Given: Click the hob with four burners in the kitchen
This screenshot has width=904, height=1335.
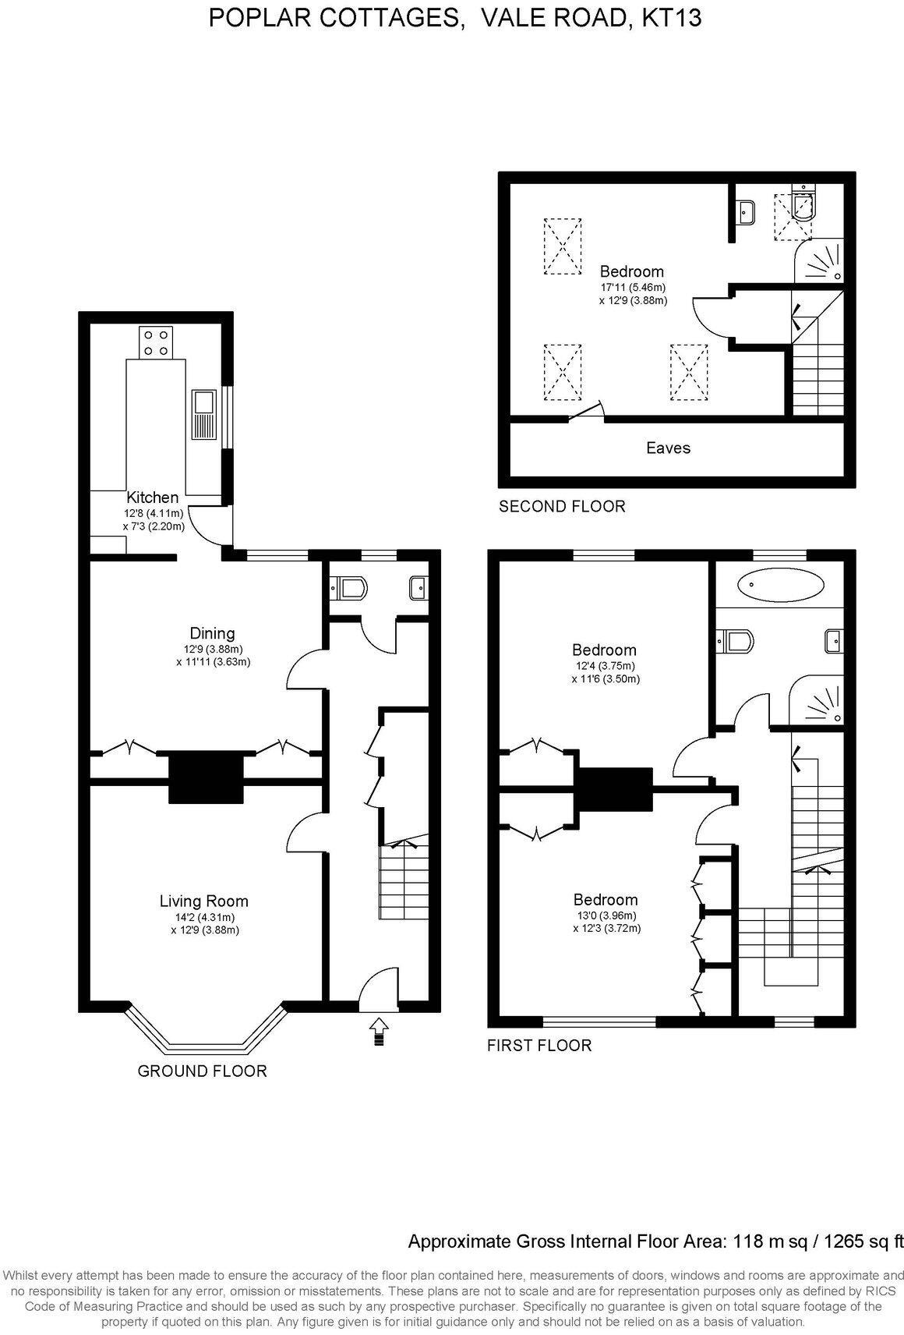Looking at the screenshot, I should (156, 342).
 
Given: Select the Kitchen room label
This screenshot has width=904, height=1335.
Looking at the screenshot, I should (153, 497).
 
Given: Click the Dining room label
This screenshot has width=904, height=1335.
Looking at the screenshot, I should (213, 633).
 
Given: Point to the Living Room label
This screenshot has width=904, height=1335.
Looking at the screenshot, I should (204, 901).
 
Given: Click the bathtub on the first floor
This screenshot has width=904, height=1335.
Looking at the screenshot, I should (780, 584).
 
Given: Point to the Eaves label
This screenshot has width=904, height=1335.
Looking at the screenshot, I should (668, 448).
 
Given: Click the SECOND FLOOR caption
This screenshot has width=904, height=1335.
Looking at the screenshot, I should (562, 506).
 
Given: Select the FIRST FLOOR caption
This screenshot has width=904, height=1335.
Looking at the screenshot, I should (539, 1045).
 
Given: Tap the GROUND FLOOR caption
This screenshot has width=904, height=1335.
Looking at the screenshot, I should (202, 1071).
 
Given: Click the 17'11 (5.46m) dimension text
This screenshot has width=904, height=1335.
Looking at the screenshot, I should (632, 287).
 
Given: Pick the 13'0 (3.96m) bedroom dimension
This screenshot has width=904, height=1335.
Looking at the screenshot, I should (606, 915).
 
